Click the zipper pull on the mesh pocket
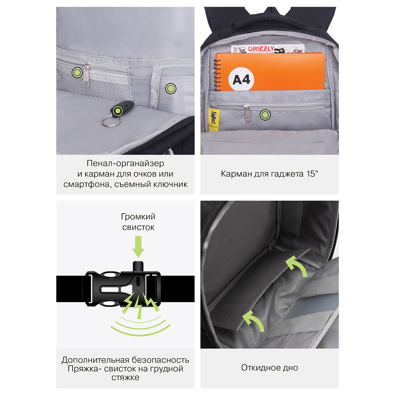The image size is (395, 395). [87, 75]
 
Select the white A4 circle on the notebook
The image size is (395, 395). [241, 79]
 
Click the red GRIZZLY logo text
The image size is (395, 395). [261, 48]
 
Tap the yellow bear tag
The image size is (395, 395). [214, 120]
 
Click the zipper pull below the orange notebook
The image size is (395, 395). [247, 113]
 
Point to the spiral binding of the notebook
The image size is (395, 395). [218, 75]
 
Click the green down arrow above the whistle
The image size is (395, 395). [138, 246]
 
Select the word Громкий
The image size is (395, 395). [138, 216]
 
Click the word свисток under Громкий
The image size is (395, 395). [138, 227]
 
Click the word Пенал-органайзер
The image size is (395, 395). [125, 164]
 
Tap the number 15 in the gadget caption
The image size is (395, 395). [310, 174]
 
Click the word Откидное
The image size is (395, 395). [260, 367]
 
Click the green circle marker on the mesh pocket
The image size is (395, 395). [77, 73]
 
